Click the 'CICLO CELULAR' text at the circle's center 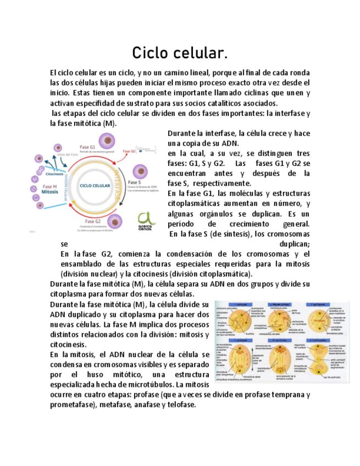click(x=95, y=186)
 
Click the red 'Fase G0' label click(x=129, y=151)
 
